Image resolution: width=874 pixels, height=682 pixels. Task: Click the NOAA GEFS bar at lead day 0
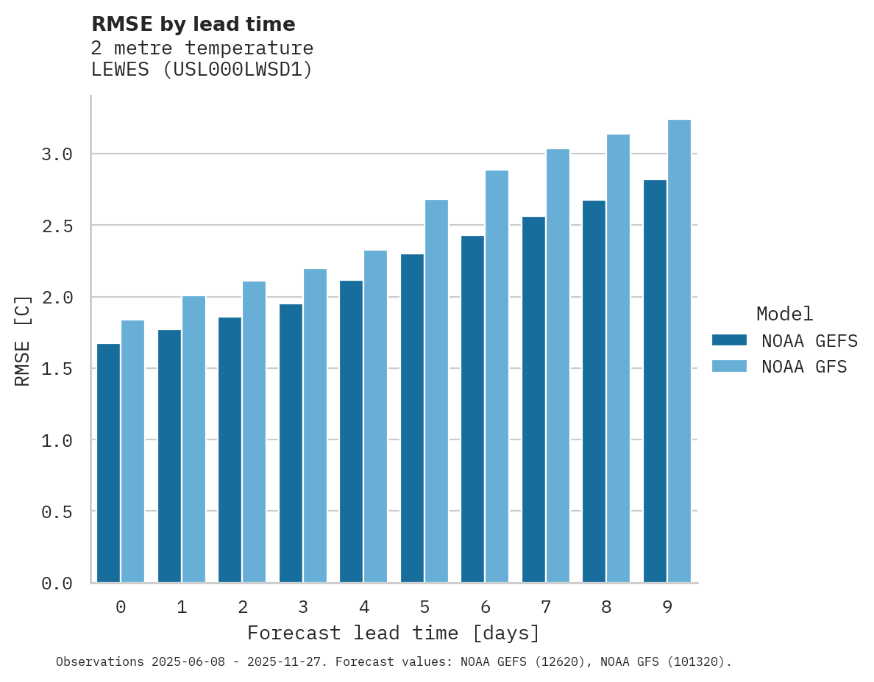click(108, 463)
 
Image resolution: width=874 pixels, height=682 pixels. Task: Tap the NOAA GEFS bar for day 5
click(412, 418)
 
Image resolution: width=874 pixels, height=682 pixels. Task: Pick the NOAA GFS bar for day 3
click(315, 426)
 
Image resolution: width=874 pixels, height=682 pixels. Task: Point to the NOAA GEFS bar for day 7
click(533, 400)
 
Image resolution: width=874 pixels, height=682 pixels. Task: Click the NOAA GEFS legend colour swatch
click(729, 340)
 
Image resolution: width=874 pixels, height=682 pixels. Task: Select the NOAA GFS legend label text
click(804, 367)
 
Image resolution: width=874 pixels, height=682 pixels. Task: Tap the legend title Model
click(784, 314)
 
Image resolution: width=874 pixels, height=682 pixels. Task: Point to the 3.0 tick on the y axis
click(57, 154)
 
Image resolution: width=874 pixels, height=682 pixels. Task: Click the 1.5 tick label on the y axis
click(57, 368)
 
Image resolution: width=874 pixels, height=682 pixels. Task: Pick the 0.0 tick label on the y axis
click(57, 584)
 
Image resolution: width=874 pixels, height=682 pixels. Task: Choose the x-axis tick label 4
click(363, 607)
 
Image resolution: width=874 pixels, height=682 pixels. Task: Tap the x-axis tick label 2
click(242, 607)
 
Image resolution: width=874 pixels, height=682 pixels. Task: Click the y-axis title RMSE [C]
click(23, 340)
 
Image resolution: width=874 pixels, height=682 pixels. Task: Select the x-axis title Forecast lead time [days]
click(394, 633)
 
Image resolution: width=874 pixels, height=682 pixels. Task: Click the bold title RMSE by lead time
click(193, 24)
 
